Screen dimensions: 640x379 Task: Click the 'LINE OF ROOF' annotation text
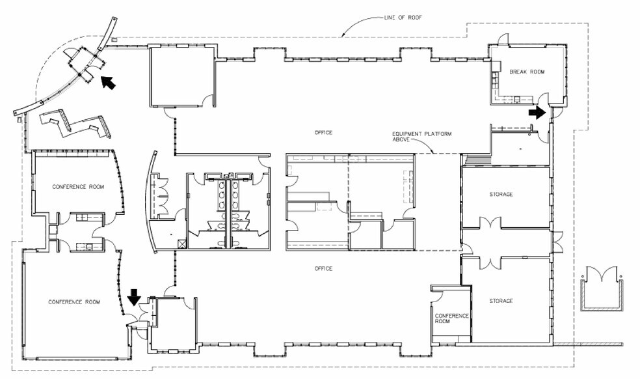[403, 18]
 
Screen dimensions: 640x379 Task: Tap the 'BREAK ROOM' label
[527, 72]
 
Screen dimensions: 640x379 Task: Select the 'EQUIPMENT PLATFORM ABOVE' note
[421, 137]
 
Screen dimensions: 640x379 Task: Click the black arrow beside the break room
[537, 111]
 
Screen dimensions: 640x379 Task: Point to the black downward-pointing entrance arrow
[134, 296]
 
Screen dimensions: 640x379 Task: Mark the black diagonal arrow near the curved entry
[108, 82]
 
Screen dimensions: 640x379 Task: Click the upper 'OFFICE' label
[323, 132]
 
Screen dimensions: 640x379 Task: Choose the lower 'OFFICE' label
[323, 268]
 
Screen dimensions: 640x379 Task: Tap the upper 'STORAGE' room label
[501, 194]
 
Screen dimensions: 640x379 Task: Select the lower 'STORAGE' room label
[501, 301]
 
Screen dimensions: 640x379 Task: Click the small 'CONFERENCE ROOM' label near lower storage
[451, 318]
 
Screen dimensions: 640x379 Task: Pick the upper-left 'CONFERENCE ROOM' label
[78, 187]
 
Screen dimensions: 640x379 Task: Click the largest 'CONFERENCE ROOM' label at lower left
[74, 302]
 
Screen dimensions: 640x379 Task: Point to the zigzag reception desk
[75, 124]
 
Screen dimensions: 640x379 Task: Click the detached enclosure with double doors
[602, 288]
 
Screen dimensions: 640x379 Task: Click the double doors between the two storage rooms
[490, 227]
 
